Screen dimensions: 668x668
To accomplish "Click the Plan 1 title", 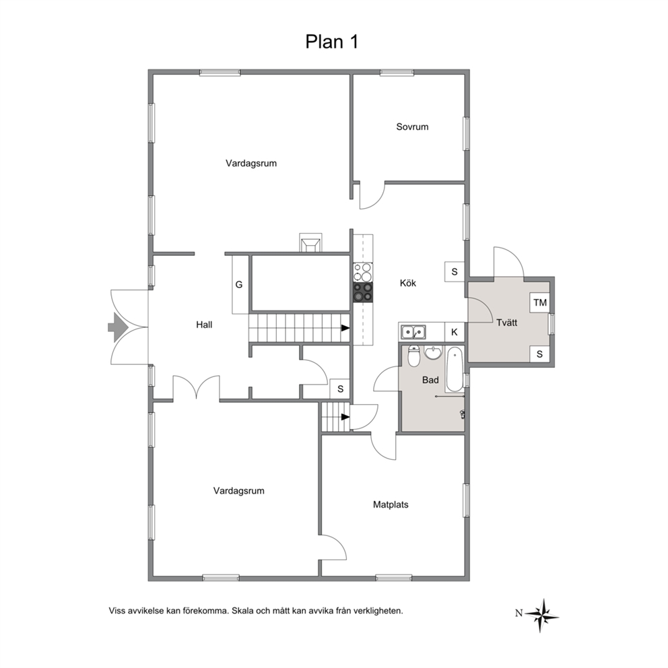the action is coord(332,42).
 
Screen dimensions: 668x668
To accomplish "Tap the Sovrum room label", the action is coord(412,127).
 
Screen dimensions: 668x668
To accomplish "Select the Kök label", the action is coord(407,283).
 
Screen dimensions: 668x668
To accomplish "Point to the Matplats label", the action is coord(391,504).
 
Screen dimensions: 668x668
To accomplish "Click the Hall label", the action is coord(204,325).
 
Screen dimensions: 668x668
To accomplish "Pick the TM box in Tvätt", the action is coord(540,302).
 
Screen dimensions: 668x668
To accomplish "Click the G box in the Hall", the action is coord(240,284).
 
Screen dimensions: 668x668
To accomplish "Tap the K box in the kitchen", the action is coord(454,332).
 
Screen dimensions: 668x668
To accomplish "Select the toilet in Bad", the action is coord(413,356).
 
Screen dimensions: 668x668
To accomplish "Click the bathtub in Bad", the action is coord(454,370).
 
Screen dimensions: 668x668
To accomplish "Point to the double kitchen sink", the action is coord(413,331).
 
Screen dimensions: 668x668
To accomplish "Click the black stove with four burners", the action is coord(362,292).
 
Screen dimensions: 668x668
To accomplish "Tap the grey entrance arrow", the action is coord(118,327).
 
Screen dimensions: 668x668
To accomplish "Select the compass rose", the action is coord(541,615).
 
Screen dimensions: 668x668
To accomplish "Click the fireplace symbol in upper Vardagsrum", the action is coord(310,243).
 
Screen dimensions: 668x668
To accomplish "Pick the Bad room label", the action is coord(430,380).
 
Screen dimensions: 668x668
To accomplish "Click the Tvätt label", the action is coord(506,323).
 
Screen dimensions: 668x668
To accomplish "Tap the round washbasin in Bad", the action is coord(434,352).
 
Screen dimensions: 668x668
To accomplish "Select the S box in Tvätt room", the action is coord(539,354).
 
